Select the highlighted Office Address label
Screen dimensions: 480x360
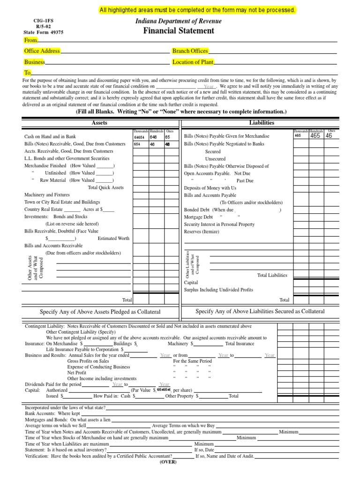[x=42, y=51]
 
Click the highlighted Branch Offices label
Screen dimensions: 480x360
[x=190, y=51]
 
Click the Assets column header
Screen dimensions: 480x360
[x=100, y=123]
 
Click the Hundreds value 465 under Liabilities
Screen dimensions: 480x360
[x=315, y=136]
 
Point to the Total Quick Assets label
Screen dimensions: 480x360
[x=105, y=187]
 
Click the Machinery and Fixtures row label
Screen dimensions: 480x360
[x=47, y=195]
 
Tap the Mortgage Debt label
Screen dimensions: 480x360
[x=198, y=217]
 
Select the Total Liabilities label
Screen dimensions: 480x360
[x=272, y=275]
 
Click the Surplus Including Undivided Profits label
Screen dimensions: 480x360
[x=218, y=290]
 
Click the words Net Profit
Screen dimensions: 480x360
[x=77, y=373]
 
